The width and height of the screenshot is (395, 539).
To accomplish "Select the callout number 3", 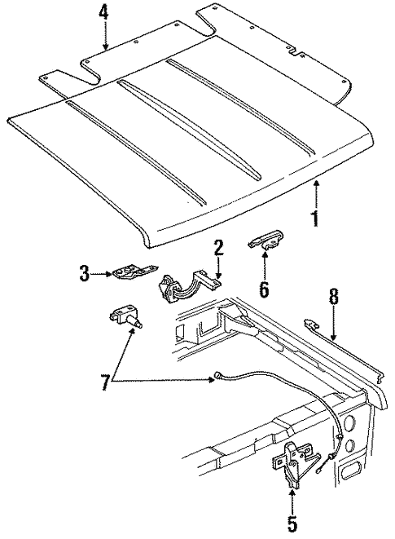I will (85, 275).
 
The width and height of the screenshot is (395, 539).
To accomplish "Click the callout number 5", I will (291, 524).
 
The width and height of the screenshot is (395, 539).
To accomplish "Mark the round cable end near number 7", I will (215, 377).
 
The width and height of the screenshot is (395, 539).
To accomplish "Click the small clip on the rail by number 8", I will (313, 324).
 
